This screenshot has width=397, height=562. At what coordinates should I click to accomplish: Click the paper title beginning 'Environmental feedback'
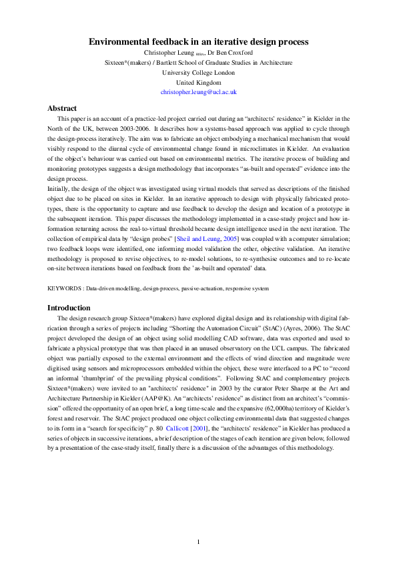[198, 41]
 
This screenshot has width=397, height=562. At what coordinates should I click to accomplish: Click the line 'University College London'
[198, 72]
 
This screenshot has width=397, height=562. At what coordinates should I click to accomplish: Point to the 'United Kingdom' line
[198, 82]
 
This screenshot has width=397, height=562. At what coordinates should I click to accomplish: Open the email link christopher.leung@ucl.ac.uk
[198, 92]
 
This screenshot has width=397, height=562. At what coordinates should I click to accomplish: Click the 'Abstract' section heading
[62, 108]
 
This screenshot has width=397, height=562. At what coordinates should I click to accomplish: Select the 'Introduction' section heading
[69, 308]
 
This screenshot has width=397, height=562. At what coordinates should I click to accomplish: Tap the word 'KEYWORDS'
[64, 290]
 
